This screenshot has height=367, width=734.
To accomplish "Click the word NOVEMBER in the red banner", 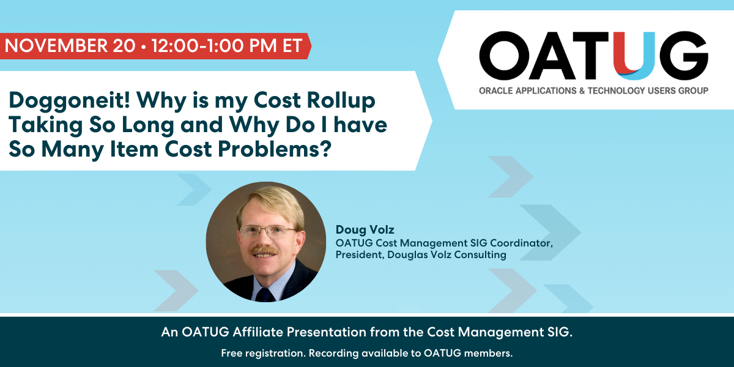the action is (56, 45).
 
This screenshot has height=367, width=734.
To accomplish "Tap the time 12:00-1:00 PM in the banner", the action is (214, 45).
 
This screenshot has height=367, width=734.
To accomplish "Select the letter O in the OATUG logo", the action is (504, 56).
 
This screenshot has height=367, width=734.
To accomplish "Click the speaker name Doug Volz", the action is (365, 230).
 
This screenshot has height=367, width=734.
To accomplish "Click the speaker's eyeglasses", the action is (268, 232).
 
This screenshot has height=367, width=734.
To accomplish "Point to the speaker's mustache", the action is (264, 251).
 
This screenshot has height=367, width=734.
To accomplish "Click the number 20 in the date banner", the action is (124, 45).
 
